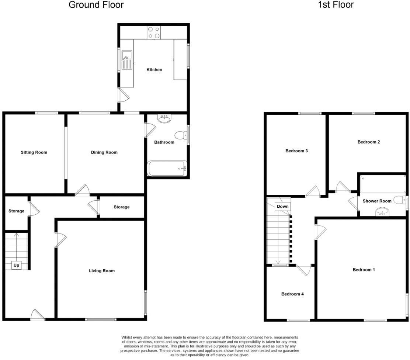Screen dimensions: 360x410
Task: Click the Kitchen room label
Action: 154,70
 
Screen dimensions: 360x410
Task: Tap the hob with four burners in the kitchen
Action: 153,32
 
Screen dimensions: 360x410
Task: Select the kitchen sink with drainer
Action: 126,60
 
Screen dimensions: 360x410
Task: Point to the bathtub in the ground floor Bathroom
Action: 167,169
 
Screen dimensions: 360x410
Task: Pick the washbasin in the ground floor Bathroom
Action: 164,118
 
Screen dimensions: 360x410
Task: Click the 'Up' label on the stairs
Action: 16,265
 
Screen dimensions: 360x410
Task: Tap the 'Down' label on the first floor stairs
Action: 282,207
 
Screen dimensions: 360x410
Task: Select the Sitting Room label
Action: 34,152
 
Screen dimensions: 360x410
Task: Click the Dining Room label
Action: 104,152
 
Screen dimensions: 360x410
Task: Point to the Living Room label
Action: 102,271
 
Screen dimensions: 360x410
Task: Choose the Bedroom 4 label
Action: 292,294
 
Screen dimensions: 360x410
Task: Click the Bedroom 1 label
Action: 364,270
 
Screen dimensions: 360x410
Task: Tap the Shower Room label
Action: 377,201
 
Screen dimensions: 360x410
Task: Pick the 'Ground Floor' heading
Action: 96,5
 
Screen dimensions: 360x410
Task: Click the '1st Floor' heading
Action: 336,5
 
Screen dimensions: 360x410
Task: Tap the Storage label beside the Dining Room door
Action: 121,207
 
